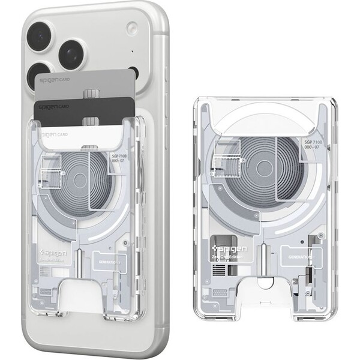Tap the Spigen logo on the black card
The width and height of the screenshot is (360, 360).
pyautogui.click(x=51, y=106)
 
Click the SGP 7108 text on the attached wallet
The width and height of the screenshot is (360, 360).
pyautogui.click(x=120, y=158)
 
